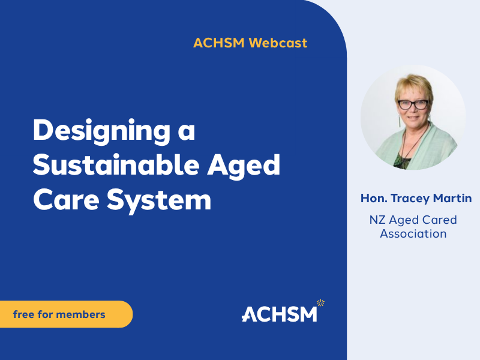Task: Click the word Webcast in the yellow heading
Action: tap(278, 43)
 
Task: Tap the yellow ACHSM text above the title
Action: tap(219, 43)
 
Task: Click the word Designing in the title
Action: tap(101, 131)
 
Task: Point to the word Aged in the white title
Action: tap(244, 166)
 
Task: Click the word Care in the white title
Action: tap(66, 200)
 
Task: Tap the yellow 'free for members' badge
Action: tap(67, 314)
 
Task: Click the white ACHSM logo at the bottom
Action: tap(279, 314)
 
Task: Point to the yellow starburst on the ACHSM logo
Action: tap(320, 303)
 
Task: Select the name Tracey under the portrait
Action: tap(410, 199)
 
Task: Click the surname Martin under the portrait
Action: tap(452, 198)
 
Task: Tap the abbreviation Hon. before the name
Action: tap(374, 198)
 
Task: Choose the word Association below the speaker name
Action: tap(413, 234)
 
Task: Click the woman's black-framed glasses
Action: tap(413, 104)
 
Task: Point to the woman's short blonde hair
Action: tap(413, 86)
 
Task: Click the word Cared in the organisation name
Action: tap(439, 220)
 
